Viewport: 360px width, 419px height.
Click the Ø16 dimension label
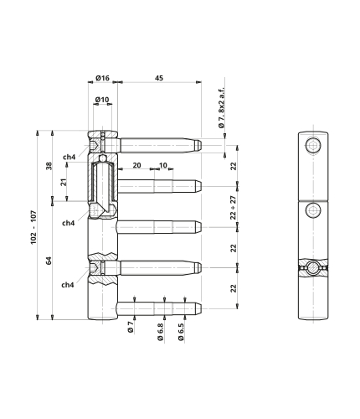pos(102,78)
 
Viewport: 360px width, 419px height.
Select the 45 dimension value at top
pos(159,78)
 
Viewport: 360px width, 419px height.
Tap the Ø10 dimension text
pos(102,100)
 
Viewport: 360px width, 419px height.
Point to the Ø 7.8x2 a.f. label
pos(221,107)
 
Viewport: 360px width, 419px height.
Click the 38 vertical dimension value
pos(49,166)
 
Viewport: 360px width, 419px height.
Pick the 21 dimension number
pos(64,182)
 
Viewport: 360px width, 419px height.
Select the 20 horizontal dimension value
pos(136,165)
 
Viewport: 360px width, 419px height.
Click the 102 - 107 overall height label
pos(33,227)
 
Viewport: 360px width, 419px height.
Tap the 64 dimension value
pos(49,261)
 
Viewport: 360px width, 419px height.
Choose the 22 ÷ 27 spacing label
pos(234,208)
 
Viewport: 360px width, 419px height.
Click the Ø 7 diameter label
pos(131,327)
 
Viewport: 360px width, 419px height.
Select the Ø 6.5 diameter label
pos(181,332)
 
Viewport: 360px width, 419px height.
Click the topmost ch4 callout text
pos(69,158)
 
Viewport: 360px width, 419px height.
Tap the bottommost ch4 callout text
pos(68,285)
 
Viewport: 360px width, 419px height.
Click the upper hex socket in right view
pos(313,146)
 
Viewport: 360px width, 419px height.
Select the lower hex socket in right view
pos(313,210)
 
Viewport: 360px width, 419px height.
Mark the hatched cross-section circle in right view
pos(313,267)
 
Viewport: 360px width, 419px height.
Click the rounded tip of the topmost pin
pos(198,145)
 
